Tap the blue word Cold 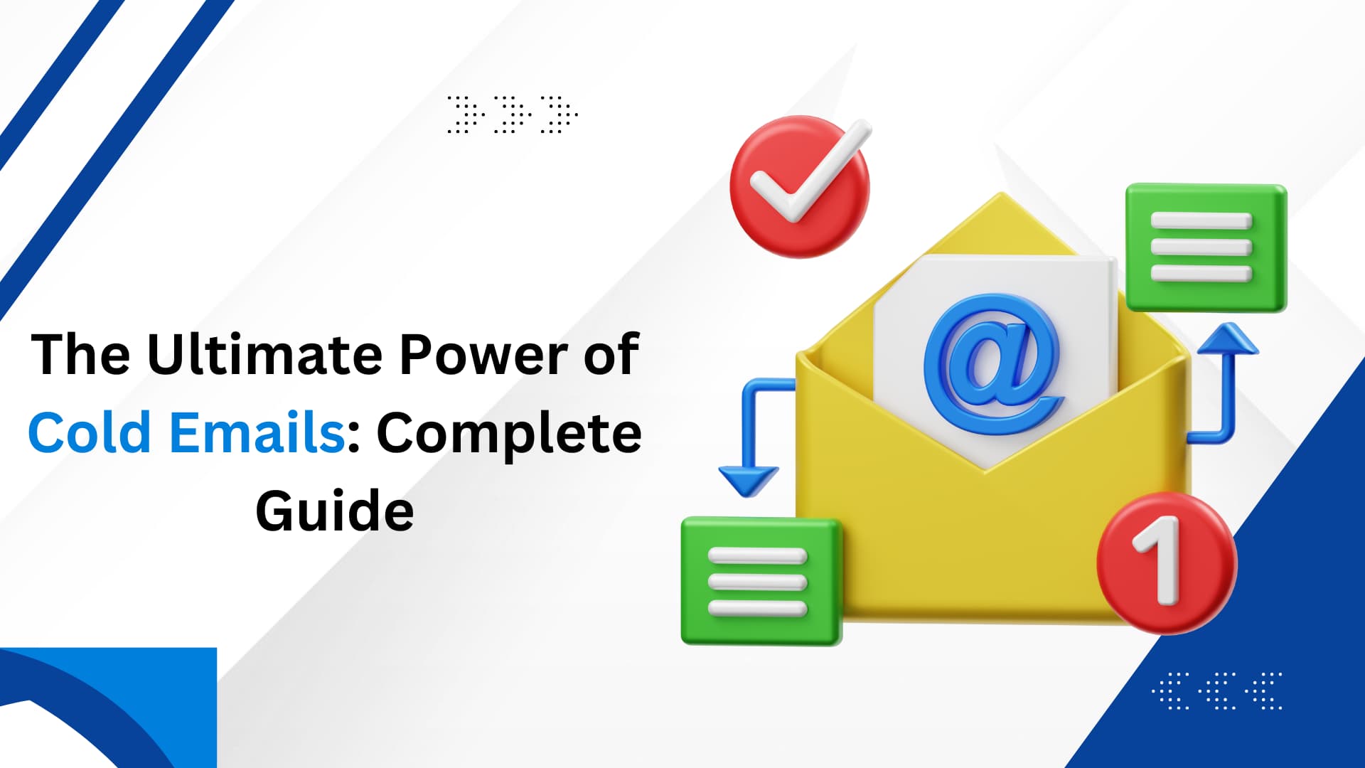tap(90, 432)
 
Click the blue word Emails tap(257, 432)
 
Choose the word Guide tap(335, 511)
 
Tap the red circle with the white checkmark tap(800, 186)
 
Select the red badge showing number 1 tap(1167, 562)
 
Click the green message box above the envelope tap(1206, 247)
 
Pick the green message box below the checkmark tap(761, 581)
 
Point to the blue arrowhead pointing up tap(1228, 339)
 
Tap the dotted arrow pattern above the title tap(513, 114)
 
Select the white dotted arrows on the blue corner tap(1217, 690)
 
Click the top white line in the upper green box tap(1201, 220)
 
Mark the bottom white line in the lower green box tap(758, 609)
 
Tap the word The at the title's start tap(80, 354)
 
